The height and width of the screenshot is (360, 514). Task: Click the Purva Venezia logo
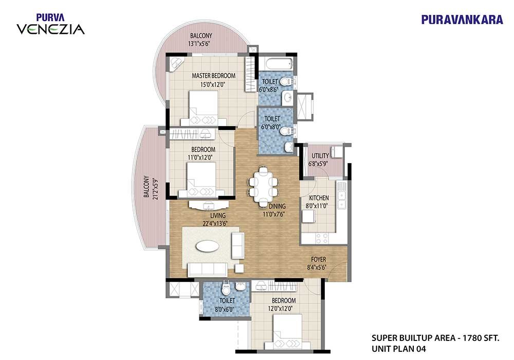50,24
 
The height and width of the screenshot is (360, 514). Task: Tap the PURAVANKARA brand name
462,20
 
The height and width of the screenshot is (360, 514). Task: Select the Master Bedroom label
213,76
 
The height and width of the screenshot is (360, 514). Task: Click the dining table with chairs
263,187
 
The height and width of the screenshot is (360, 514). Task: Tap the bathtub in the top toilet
275,64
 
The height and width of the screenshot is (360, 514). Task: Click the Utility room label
320,155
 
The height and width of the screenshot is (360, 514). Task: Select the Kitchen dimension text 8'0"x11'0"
319,206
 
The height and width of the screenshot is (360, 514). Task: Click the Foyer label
319,259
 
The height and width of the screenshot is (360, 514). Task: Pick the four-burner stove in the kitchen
322,238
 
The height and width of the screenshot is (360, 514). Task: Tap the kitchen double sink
341,196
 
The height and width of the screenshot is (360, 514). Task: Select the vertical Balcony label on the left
146,187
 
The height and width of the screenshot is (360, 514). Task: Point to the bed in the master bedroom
204,108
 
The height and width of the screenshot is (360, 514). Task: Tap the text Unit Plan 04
399,349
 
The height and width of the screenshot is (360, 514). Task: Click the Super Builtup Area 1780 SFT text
435,338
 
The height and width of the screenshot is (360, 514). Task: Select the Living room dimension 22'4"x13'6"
215,223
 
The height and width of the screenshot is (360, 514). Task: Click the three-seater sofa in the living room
208,269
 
